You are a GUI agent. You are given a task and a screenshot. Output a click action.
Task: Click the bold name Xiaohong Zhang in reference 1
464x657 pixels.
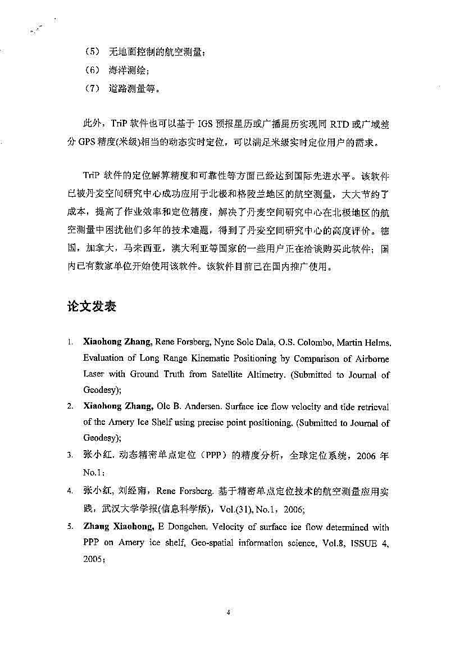click(117, 342)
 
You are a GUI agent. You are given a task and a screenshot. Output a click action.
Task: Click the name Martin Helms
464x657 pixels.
click(367, 342)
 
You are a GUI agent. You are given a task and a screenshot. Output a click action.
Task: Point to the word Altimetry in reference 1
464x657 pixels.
click(267, 374)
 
